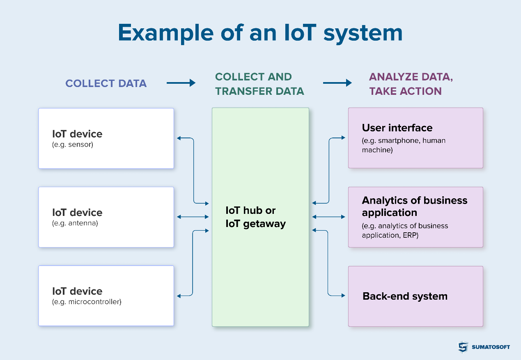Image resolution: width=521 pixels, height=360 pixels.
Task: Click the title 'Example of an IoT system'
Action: tap(260, 33)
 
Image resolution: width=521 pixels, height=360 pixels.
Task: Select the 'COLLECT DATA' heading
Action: tap(106, 83)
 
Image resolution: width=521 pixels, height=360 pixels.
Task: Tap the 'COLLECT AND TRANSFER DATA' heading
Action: tap(259, 84)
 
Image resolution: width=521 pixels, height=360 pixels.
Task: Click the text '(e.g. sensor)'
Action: tap(73, 144)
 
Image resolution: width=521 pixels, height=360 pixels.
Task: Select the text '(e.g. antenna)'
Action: tap(75, 223)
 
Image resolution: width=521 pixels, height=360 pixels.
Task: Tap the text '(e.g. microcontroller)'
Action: tap(87, 302)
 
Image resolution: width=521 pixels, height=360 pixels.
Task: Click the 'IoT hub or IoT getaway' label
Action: tap(255, 217)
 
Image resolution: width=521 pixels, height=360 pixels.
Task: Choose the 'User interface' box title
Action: tap(397, 128)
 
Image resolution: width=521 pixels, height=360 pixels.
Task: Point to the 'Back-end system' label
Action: tap(405, 296)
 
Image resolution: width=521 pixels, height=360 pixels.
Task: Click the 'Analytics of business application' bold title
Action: tap(414, 206)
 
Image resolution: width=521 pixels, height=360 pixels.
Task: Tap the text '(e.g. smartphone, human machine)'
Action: tap(403, 145)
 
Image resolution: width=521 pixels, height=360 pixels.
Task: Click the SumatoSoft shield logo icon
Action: tap(463, 347)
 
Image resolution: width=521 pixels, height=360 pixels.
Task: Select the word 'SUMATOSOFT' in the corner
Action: tap(491, 347)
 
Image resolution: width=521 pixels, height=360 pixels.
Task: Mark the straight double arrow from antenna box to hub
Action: tap(193, 217)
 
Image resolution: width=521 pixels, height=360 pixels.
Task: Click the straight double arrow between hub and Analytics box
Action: tap(328, 217)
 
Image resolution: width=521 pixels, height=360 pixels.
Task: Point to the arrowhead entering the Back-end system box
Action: tap(343, 295)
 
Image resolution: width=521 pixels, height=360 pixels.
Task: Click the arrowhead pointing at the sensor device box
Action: tap(179, 138)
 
